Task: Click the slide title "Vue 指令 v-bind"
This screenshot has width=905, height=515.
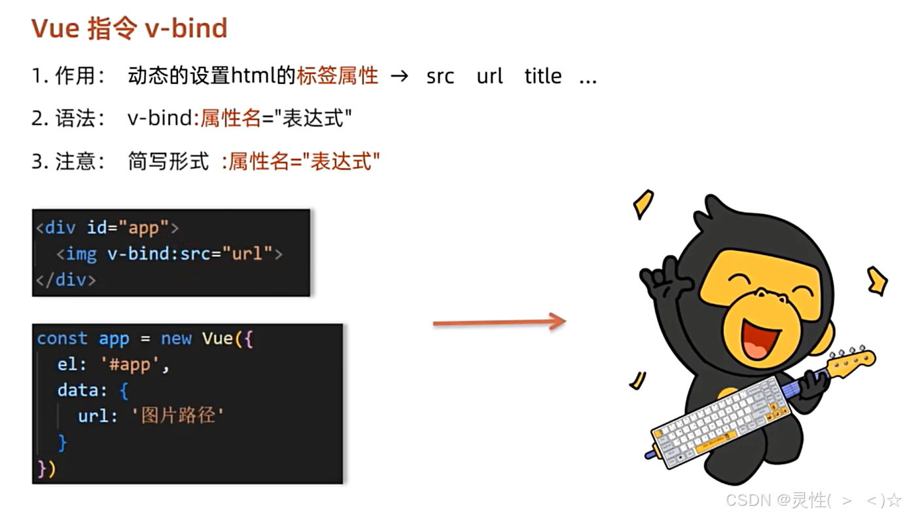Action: click(130, 29)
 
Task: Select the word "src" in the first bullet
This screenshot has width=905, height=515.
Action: click(440, 77)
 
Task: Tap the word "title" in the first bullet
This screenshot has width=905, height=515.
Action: click(542, 77)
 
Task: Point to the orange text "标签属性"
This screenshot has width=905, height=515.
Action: click(337, 76)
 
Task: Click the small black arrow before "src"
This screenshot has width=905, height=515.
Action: click(399, 77)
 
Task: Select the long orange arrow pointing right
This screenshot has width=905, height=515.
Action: click(499, 322)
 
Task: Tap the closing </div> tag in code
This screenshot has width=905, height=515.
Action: click(66, 280)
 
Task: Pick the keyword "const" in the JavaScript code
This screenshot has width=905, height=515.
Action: click(62, 339)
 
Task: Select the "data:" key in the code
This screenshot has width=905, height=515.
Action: click(82, 391)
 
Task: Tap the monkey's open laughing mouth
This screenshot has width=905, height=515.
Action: click(760, 335)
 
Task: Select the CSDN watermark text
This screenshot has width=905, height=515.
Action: click(813, 501)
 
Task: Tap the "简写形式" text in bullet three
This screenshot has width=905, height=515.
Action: click(168, 161)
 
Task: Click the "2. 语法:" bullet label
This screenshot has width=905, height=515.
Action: click(68, 119)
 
